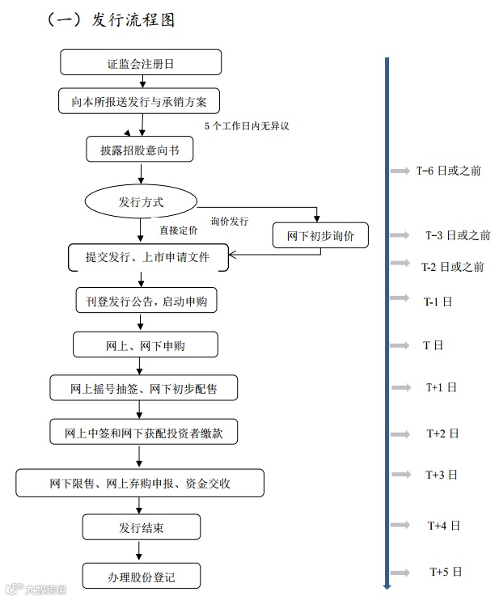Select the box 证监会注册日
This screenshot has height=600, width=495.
coord(141,62)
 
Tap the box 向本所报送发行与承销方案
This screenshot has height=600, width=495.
coord(139,100)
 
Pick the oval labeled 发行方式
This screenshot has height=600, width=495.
coord(141,201)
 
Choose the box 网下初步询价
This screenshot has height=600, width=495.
coord(320,235)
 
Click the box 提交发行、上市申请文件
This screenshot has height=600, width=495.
coord(147,257)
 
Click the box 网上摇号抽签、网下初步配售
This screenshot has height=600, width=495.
coord(144,389)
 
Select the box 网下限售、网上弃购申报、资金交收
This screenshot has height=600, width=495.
coord(140,483)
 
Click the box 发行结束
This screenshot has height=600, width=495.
coord(141,528)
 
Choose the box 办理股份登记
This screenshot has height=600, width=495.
coord(142,577)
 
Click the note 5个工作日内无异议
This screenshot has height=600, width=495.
coord(246,126)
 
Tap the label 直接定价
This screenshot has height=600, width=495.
coord(178,230)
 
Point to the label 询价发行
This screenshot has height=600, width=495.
coord(230,221)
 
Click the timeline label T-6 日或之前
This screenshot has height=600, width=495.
coord(449,171)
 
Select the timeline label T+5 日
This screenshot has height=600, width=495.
coord(446,572)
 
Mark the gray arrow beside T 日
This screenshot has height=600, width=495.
coord(400,346)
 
